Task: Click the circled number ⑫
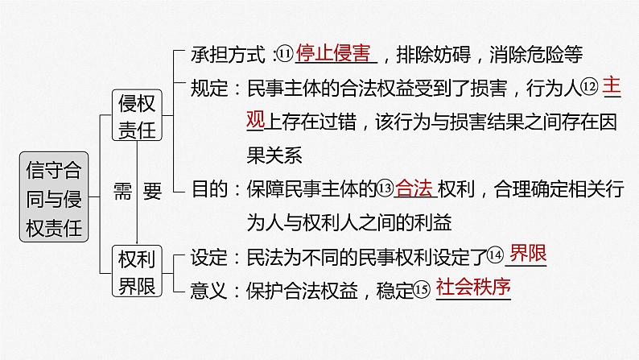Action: coord(591,85)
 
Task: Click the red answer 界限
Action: coord(528,254)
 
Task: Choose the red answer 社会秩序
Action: coord(474,287)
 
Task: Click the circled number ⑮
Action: coord(423,288)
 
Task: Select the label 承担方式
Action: coord(228,55)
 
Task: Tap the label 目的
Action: coord(208,190)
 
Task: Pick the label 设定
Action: coord(208,256)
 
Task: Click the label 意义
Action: coord(208,288)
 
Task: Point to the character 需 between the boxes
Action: coord(122,191)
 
